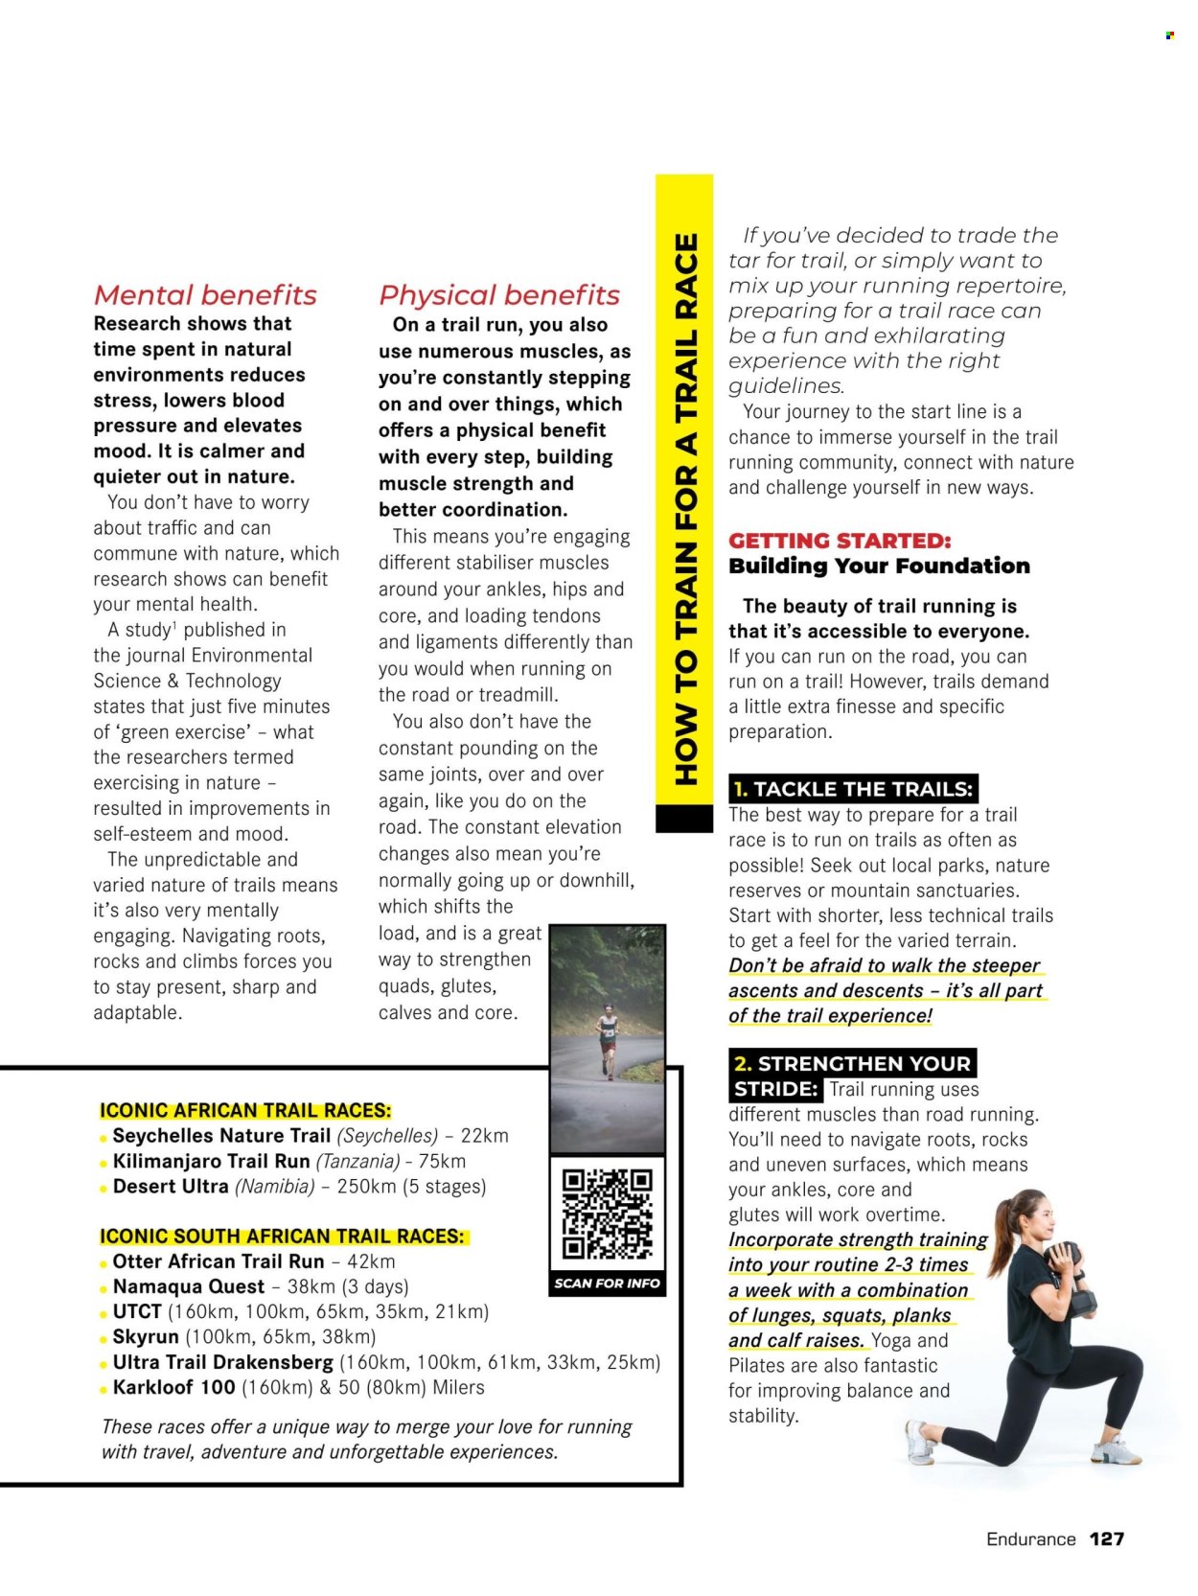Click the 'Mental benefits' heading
click(x=205, y=294)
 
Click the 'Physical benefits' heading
click(x=499, y=294)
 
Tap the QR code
click(x=607, y=1213)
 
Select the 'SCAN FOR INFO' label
click(x=607, y=1283)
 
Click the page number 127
click(x=1106, y=1538)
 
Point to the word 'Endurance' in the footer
click(x=1030, y=1538)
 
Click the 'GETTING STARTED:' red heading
click(x=840, y=541)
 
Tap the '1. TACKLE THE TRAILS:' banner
click(x=853, y=789)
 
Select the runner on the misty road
click(x=607, y=1040)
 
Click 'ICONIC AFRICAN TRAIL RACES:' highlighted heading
click(x=245, y=1110)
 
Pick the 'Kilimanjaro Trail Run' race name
click(x=211, y=1161)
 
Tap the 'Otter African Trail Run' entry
click(x=219, y=1261)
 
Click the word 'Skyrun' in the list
click(x=145, y=1336)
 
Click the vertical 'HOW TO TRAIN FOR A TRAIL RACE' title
click(x=684, y=508)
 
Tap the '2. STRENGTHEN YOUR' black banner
click(x=853, y=1063)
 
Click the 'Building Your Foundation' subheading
click(x=879, y=566)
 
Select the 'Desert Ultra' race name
click(x=171, y=1186)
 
